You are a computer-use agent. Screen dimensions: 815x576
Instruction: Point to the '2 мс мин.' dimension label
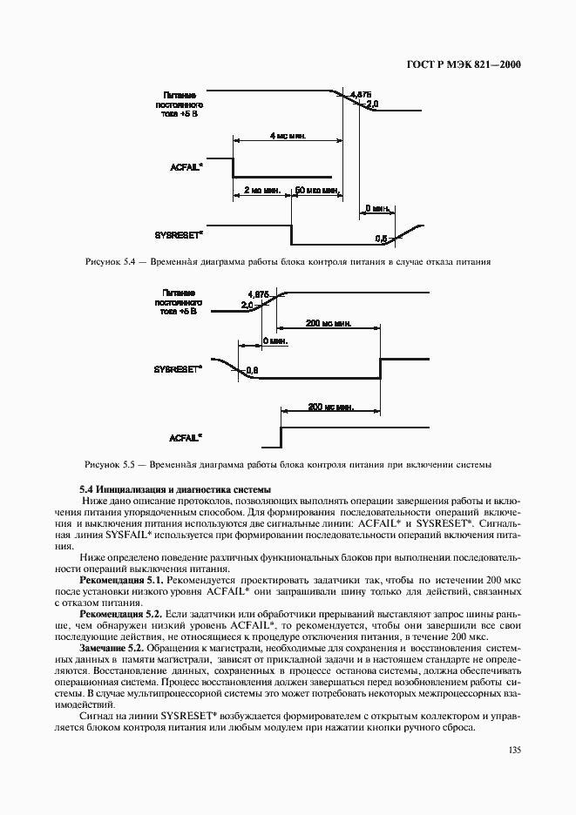click(261, 189)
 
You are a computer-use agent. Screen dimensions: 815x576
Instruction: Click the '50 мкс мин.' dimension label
click(315, 189)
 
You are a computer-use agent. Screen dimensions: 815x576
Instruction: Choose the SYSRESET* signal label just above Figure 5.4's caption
click(180, 234)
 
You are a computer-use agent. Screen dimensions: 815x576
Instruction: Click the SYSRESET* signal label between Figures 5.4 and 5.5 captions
click(180, 368)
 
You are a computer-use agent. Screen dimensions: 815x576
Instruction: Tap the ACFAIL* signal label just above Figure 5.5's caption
click(186, 436)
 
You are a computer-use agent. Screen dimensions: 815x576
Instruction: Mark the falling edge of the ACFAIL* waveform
click(233, 166)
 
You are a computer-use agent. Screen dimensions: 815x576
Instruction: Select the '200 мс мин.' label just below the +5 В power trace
click(328, 323)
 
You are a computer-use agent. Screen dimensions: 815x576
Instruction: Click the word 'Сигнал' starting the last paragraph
click(95, 716)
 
